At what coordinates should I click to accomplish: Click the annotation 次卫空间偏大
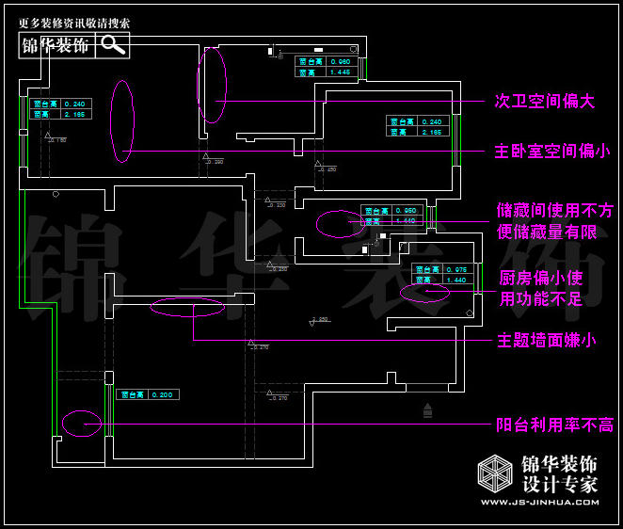[x=545, y=101]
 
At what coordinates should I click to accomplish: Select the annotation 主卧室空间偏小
[x=551, y=151]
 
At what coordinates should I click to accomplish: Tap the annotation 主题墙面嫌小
[x=545, y=340]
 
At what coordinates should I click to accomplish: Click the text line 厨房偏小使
[x=540, y=280]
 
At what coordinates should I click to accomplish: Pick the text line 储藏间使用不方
[x=554, y=211]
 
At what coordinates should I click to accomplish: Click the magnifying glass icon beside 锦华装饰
[x=113, y=44]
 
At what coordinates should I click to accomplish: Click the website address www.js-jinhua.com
[x=539, y=503]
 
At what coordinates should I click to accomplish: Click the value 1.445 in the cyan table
[x=340, y=72]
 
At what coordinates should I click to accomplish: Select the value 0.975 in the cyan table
[x=456, y=270]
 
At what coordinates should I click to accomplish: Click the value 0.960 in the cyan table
[x=340, y=61]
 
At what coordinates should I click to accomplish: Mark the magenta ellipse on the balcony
[x=81, y=424]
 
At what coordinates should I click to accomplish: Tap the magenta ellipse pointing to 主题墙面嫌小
[x=188, y=306]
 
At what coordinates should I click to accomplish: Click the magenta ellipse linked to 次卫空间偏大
[x=212, y=85]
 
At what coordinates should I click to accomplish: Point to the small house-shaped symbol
[x=429, y=409]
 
